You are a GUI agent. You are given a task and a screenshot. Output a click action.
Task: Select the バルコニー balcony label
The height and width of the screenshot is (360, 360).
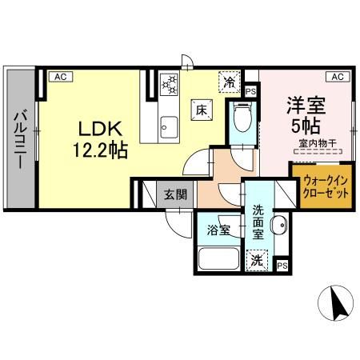[18, 139]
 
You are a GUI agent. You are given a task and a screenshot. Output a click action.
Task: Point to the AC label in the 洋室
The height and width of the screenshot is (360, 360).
[337, 77]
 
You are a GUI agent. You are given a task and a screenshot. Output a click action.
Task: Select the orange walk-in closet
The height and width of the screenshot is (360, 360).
[322, 187]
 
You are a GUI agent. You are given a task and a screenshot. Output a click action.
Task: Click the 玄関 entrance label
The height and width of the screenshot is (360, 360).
[175, 194]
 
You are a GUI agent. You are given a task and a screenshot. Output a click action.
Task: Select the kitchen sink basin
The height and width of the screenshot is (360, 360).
[168, 126]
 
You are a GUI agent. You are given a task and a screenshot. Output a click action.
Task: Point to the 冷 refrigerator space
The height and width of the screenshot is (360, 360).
[229, 81]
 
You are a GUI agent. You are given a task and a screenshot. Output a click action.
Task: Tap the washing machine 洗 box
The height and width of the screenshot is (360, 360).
[256, 258]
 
